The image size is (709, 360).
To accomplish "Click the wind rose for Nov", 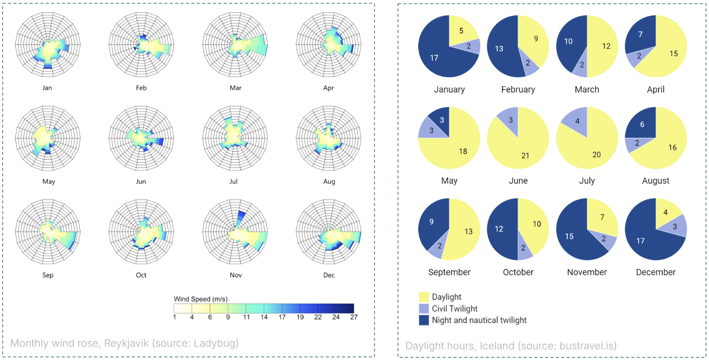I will point(235,232).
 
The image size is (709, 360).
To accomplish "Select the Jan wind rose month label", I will point(47,88).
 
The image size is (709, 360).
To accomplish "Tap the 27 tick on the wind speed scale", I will point(354,317).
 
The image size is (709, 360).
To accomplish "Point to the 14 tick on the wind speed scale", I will point(264,317).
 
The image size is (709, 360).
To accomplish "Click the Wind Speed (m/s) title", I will point(200,299).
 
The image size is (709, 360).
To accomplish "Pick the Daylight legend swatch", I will point(424,297).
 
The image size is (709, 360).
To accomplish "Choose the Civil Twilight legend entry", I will point(455,309).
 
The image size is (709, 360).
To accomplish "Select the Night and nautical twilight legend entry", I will point(479,320).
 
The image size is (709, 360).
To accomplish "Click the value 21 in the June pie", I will point(525,155).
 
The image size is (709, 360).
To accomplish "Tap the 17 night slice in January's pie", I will point(434,58).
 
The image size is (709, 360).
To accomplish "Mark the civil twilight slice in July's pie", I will point(577,121).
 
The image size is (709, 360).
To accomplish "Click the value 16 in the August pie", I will point(672,147).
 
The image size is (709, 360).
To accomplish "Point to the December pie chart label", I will point(655,272).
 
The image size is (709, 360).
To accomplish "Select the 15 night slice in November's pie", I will point(569,236).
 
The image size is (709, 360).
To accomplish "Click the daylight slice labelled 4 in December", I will point(665,212).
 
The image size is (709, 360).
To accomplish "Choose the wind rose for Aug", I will point(328,138).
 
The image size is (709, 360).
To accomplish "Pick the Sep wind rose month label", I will point(48,275).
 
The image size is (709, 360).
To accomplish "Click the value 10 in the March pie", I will point(568,41).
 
